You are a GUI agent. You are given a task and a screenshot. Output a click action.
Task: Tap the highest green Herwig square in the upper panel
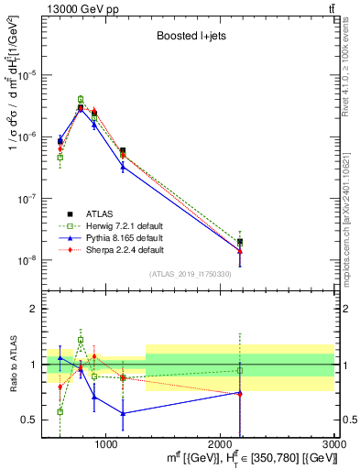point(81,99)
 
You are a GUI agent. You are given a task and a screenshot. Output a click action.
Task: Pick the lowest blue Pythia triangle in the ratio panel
point(123,413)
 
